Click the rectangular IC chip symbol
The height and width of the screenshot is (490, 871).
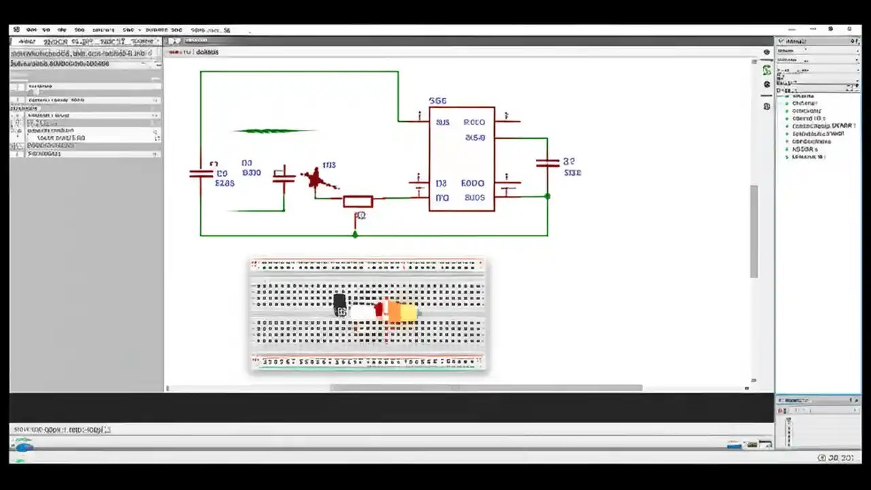click(x=461, y=159)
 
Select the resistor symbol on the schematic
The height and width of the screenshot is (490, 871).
click(x=358, y=201)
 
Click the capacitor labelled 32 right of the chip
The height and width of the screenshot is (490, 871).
click(x=547, y=163)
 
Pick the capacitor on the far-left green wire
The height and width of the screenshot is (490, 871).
click(x=201, y=174)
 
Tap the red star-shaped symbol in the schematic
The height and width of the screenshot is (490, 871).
click(x=314, y=179)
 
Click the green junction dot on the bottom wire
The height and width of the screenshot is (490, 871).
click(x=355, y=235)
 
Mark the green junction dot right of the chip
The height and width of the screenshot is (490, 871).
click(x=547, y=197)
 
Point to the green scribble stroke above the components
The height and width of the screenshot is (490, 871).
click(x=274, y=131)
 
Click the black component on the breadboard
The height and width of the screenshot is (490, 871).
click(x=340, y=304)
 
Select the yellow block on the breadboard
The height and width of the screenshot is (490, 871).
click(x=408, y=312)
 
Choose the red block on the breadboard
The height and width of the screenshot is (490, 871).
click(x=379, y=310)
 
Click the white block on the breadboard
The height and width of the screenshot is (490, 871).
click(x=362, y=311)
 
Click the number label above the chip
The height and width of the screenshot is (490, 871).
click(x=438, y=101)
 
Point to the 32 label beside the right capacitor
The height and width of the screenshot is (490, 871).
click(x=569, y=161)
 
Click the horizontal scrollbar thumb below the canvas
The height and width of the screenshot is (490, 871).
click(x=486, y=388)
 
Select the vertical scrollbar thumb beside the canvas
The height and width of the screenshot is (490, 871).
click(x=754, y=231)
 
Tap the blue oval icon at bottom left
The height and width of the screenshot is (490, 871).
click(x=24, y=446)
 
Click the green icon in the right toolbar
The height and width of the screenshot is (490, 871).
click(x=767, y=70)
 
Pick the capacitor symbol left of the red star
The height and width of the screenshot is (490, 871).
click(x=284, y=176)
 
